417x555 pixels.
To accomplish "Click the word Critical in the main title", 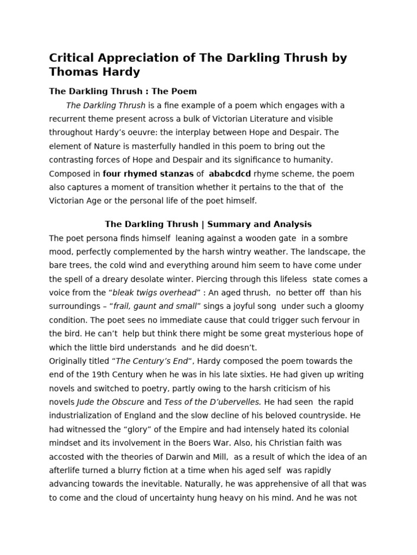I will [72, 57].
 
